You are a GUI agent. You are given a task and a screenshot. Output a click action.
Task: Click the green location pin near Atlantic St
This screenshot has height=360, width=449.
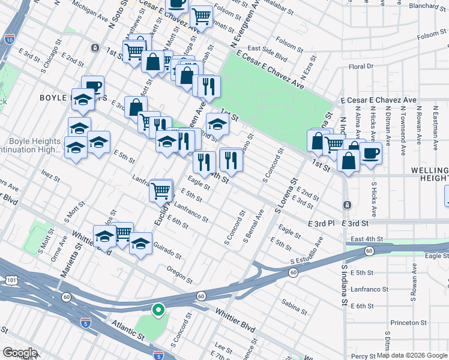click(158, 310)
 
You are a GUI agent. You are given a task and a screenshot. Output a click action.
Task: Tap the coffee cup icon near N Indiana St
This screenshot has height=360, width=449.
click(370, 153)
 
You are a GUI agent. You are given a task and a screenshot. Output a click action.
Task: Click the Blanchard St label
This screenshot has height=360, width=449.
click(427, 7)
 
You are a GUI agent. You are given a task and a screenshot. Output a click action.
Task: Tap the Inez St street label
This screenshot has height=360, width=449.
click(48, 175)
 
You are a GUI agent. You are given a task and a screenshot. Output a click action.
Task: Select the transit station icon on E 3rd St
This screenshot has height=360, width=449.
click(347, 205)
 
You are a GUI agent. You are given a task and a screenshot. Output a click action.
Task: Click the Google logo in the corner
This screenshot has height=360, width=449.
click(20, 353)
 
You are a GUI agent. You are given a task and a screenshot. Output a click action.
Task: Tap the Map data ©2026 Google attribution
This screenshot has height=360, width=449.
click(412, 355)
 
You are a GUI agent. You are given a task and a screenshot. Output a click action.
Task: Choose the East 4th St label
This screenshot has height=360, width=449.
click(365, 239)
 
